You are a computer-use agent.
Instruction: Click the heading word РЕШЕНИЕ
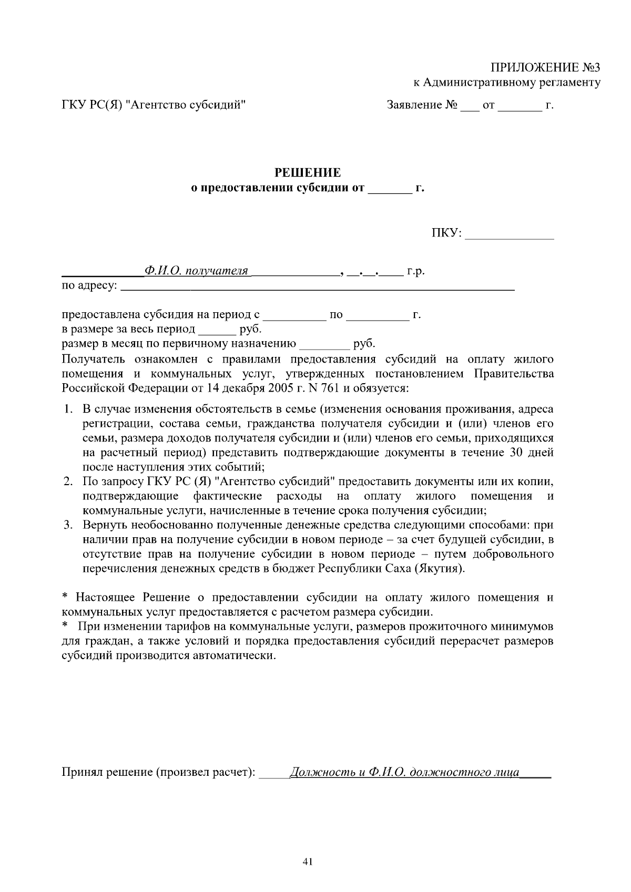pyautogui.click(x=308, y=173)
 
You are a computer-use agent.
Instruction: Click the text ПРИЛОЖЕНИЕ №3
pyautogui.click(x=545, y=68)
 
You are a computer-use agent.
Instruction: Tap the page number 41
pyautogui.click(x=308, y=862)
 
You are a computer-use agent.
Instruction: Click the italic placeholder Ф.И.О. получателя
pyautogui.click(x=196, y=271)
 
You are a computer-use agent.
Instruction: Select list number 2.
pyautogui.click(x=68, y=481)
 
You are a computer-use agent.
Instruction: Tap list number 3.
pyautogui.click(x=68, y=525)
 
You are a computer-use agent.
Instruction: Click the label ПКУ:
pyautogui.click(x=446, y=233)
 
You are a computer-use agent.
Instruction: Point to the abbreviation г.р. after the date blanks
pyautogui.click(x=415, y=272)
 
